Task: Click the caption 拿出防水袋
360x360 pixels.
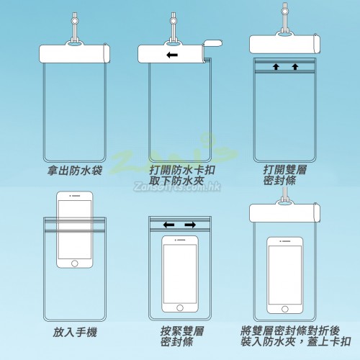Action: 75,171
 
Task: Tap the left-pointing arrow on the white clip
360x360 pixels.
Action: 172,55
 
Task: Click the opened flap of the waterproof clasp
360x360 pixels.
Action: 212,43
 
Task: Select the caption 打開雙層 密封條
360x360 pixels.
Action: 285,175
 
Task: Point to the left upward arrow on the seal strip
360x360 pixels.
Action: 276,66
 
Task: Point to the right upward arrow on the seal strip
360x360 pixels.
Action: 295,66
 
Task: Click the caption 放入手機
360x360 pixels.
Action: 75,333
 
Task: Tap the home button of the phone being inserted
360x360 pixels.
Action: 75,264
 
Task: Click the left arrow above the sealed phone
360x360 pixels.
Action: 168,225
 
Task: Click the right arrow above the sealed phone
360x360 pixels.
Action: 190,225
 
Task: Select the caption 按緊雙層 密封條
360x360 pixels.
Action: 182,336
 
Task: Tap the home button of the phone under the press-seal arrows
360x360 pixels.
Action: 180,307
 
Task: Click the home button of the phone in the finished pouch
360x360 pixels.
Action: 285,309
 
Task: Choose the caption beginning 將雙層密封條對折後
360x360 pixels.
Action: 296,336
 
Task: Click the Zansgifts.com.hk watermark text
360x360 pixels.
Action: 177,186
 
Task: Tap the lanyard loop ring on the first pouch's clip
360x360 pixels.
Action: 74,45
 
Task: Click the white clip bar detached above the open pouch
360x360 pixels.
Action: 284,44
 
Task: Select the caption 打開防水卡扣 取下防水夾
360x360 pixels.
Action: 182,175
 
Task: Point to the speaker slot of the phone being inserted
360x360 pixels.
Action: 76,196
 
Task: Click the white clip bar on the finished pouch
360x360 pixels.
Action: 284,213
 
